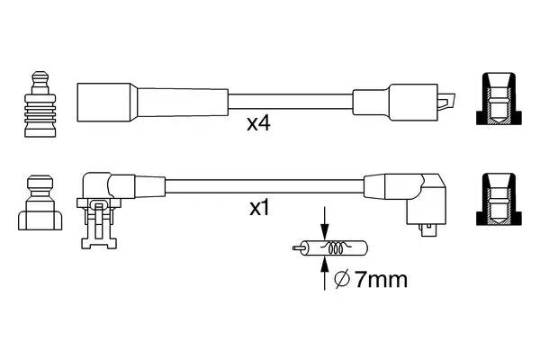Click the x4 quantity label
[258, 123]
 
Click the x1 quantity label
[259, 208]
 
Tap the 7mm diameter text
[382, 279]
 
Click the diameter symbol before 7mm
[342, 280]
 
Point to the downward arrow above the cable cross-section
[324, 223]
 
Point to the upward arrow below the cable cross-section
[324, 274]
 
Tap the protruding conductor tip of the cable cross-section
[297, 247]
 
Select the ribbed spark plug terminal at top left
[40, 104]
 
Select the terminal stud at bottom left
[40, 202]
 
